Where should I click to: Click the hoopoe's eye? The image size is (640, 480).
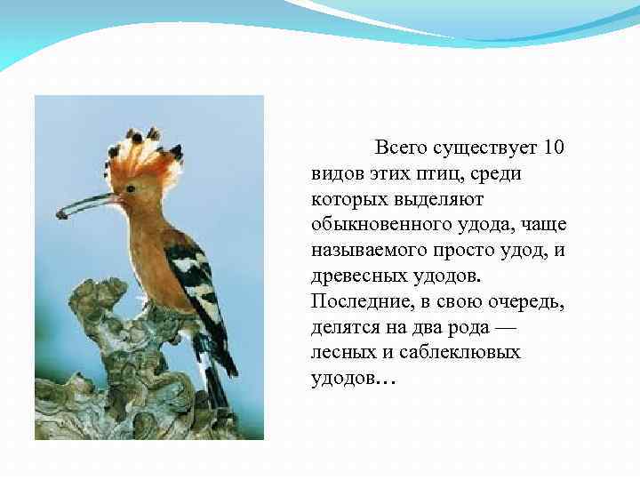pos(131,188)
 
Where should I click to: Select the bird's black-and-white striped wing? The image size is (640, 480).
pos(197,276)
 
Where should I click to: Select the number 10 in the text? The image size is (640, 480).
pos(552,147)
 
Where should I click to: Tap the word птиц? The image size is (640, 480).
pos(435,172)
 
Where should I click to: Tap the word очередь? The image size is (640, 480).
pos(525,301)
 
